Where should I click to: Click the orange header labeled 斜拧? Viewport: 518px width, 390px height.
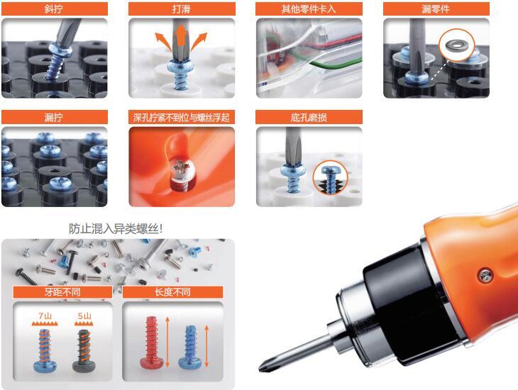(55, 9)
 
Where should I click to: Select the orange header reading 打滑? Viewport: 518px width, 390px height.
(182, 9)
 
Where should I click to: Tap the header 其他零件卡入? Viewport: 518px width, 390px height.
(309, 9)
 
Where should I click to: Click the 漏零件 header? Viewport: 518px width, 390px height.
(436, 9)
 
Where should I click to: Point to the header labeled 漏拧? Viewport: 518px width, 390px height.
(55, 117)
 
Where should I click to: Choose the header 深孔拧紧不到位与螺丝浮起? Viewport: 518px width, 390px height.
(182, 117)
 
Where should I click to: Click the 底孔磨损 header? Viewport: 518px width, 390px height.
(309, 117)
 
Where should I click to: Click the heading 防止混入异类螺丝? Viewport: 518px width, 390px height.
(116, 228)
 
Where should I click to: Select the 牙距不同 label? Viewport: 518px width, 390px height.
(62, 292)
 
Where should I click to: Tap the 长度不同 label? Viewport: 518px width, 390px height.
(172, 292)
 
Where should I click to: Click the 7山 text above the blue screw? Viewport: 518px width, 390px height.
(45, 316)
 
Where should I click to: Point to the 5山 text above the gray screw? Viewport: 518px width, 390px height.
(84, 316)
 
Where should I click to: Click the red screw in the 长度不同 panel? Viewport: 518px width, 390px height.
(152, 342)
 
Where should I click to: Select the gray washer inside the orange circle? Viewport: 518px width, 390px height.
(456, 45)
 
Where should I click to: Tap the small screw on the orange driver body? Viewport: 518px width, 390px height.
(485, 275)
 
